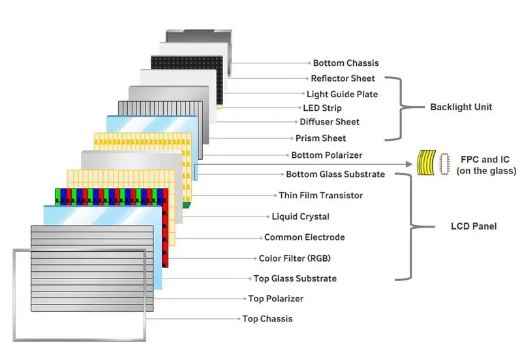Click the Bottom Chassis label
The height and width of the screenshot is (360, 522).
pyautogui.click(x=345, y=63)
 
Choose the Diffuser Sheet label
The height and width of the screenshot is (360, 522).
pyautogui.click(x=330, y=122)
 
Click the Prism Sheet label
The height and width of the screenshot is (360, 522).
pyautogui.click(x=320, y=138)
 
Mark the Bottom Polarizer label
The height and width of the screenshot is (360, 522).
pyautogui.click(x=326, y=155)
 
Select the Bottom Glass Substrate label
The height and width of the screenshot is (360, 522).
pyautogui.click(x=335, y=174)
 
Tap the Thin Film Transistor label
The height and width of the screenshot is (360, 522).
pyautogui.click(x=321, y=195)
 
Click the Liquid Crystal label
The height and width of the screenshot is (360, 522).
pyautogui.click(x=300, y=217)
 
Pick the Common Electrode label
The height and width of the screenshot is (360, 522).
pyautogui.click(x=304, y=237)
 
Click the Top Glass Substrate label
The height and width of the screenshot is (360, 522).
pyautogui.click(x=295, y=278)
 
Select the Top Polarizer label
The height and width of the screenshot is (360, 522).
pyautogui.click(x=276, y=299)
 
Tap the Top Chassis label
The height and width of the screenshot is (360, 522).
pyautogui.click(x=268, y=319)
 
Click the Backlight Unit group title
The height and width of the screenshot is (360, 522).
pyautogui.click(x=461, y=107)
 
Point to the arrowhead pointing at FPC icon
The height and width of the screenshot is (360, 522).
pyautogui.click(x=410, y=165)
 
